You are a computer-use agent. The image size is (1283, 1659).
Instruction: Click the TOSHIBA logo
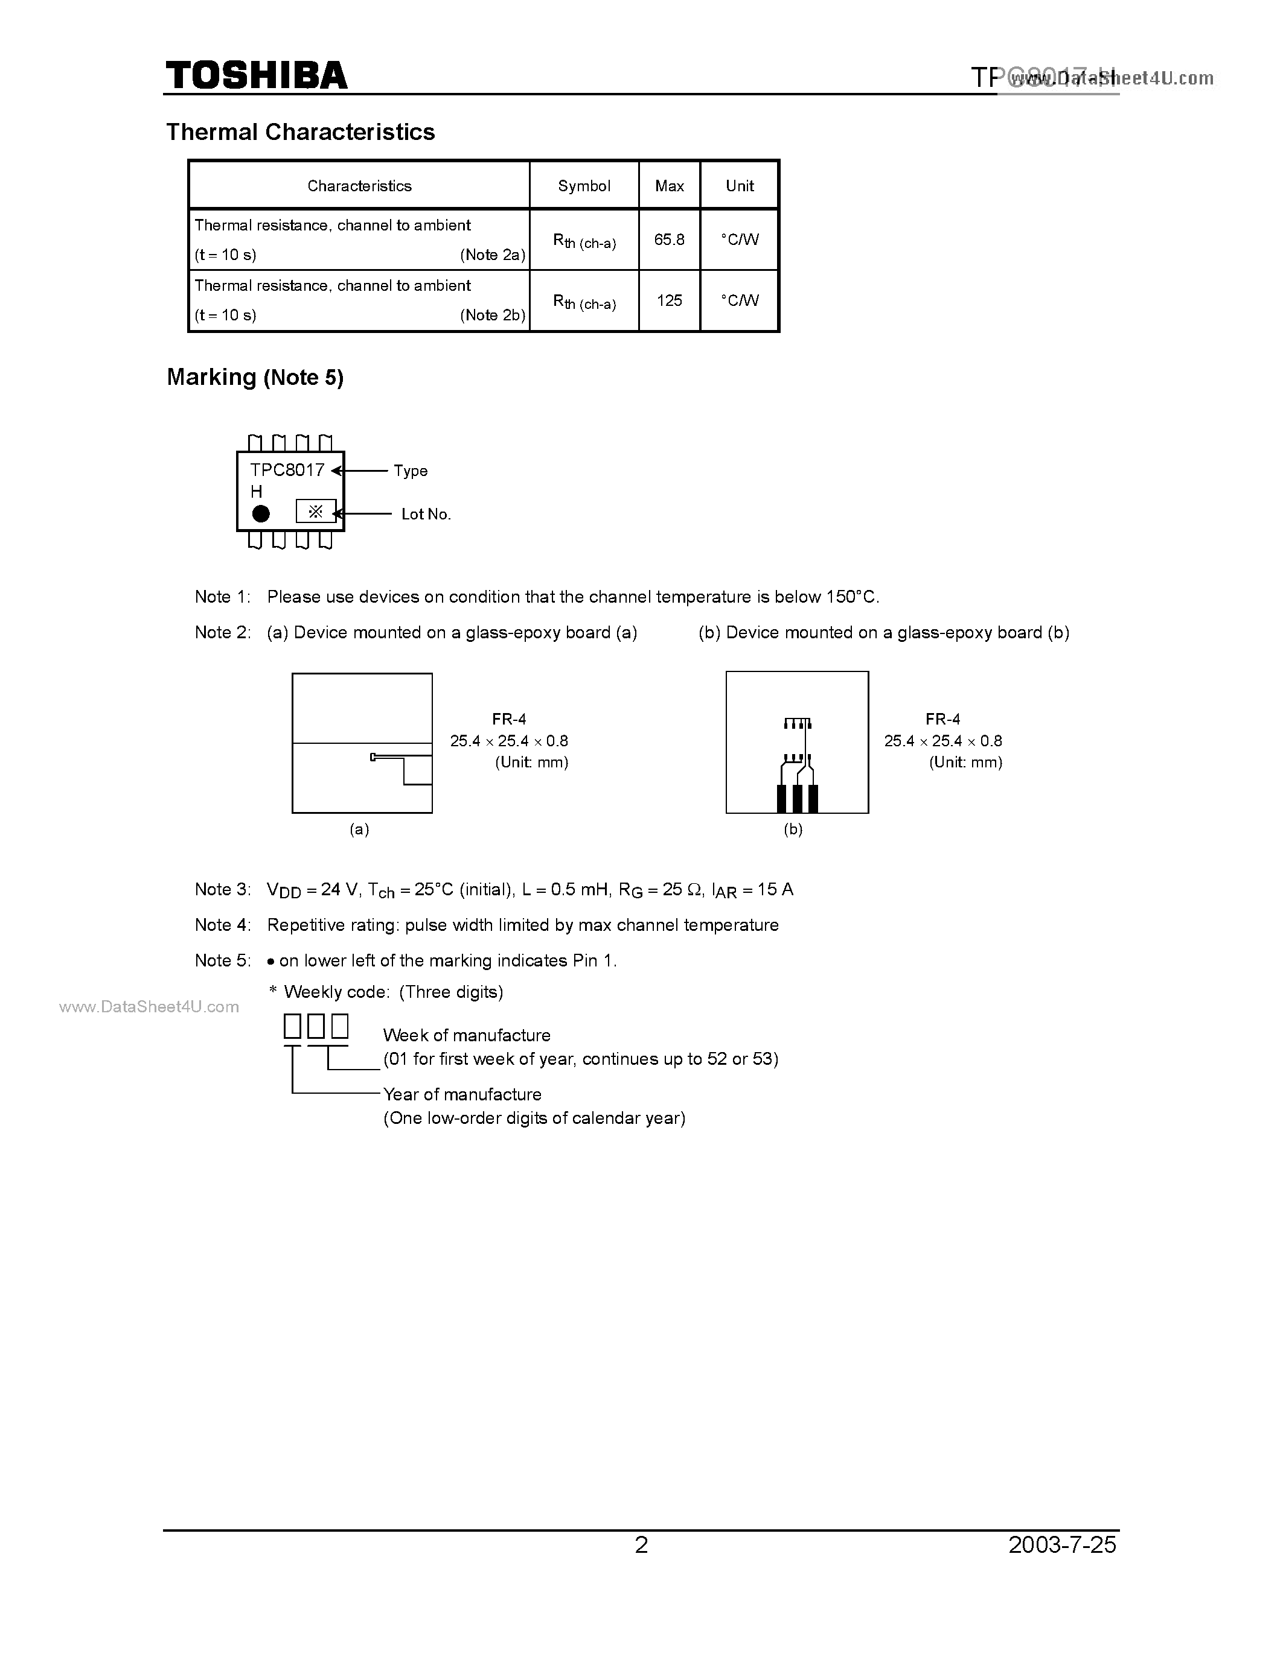256,76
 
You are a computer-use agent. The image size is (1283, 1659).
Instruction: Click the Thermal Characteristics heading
300,132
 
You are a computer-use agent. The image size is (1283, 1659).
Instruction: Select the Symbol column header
584,186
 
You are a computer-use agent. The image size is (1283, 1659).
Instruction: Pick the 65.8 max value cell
669,240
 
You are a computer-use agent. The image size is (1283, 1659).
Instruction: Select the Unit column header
739,186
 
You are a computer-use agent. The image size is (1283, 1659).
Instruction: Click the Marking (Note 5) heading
255,378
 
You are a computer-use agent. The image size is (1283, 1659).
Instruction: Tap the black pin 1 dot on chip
261,514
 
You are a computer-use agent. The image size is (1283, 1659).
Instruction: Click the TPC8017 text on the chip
287,470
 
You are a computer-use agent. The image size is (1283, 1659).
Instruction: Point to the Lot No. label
426,514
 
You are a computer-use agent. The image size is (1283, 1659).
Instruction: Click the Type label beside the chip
411,471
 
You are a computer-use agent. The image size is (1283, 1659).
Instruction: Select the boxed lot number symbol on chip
315,511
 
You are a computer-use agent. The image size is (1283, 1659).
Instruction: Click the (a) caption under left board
359,829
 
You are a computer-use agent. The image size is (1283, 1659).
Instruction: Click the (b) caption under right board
793,829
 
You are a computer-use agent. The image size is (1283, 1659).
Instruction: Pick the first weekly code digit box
293,1026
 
